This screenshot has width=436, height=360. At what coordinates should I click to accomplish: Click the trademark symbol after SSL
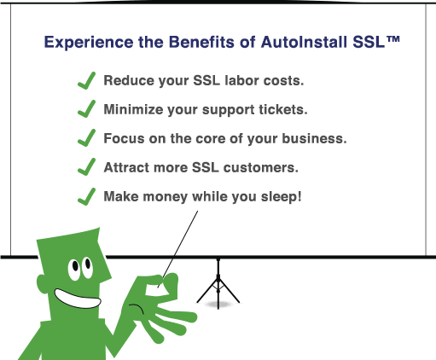393,39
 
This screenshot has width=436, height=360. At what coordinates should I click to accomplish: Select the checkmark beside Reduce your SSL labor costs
86,80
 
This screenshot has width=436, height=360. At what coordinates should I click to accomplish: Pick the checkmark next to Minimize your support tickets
86,109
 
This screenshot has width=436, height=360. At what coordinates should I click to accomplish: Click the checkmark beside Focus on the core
86,137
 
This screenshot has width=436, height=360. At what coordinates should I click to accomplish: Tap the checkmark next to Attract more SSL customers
86,166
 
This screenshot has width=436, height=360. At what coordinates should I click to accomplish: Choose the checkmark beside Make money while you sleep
86,195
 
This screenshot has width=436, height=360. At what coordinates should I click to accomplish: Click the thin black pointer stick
185,232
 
